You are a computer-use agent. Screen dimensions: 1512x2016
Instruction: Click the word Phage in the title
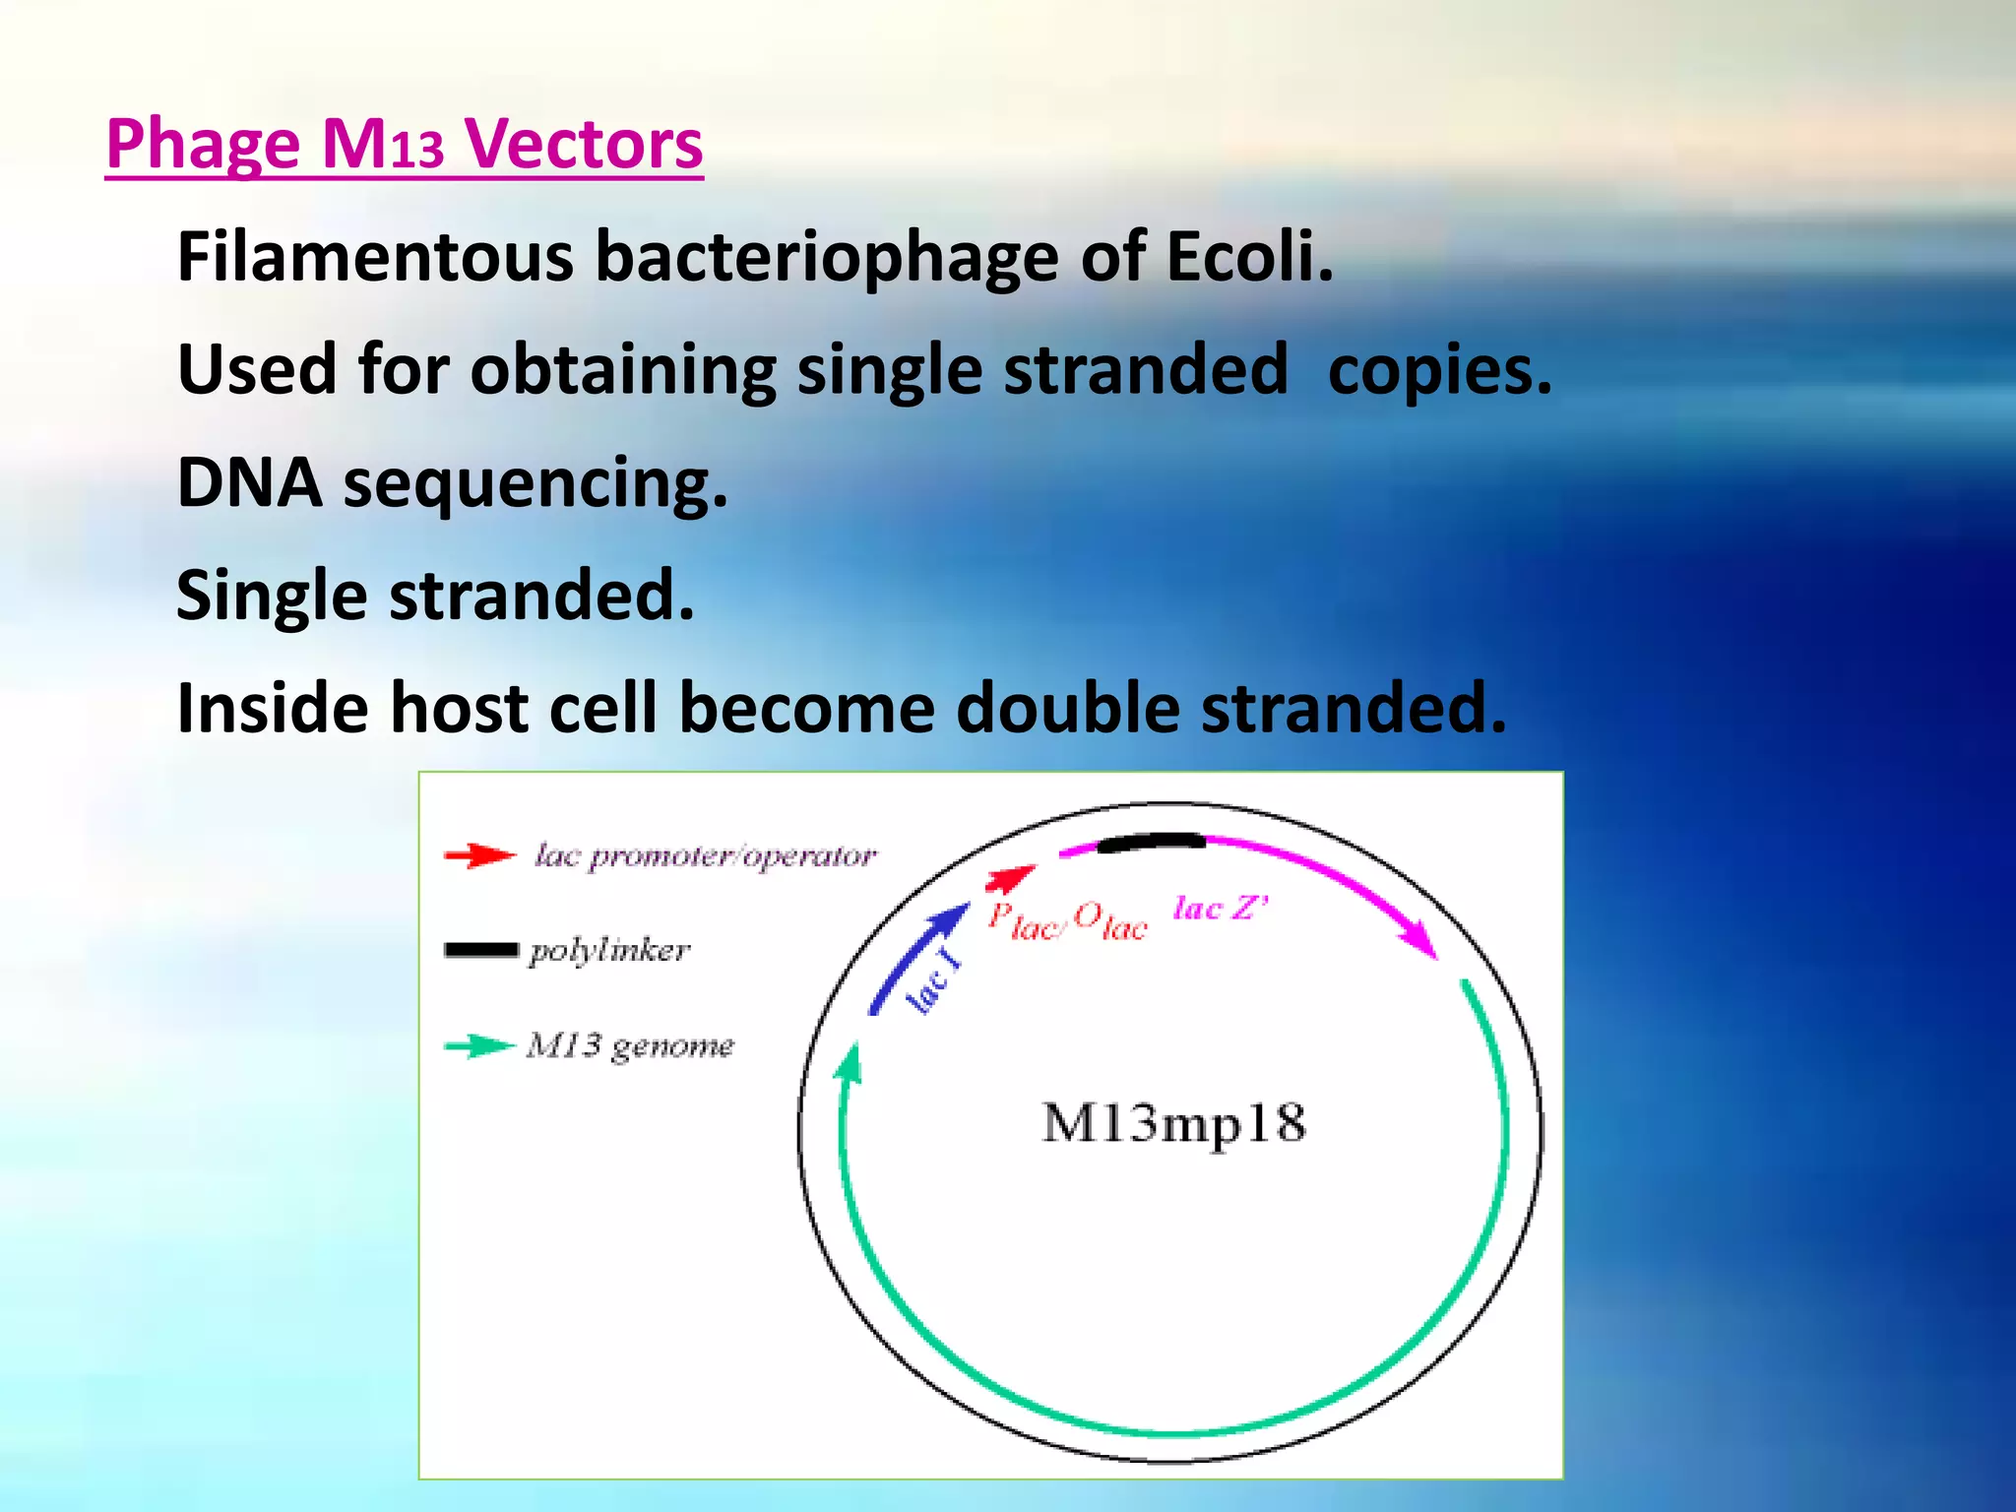202,146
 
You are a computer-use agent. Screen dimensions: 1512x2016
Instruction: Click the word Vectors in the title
583,144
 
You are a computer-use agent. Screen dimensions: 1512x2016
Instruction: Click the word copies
1439,370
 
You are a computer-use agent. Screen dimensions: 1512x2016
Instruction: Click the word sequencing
535,484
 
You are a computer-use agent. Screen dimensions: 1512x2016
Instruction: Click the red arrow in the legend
478,854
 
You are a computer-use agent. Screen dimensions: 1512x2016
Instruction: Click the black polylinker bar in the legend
480,949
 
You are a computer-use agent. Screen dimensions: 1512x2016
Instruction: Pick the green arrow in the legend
478,1045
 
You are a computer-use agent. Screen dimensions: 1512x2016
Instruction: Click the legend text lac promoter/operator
705,855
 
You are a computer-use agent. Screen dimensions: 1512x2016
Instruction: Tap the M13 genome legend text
630,1045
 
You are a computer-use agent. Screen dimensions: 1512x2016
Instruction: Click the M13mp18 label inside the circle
1173,1123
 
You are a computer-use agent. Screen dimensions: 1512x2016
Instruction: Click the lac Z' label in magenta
1221,908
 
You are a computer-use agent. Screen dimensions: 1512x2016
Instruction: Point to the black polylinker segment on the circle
1151,842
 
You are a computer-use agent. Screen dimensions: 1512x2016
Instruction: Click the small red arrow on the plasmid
1011,876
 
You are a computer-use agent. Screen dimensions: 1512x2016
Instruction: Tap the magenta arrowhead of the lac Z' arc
1421,940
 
